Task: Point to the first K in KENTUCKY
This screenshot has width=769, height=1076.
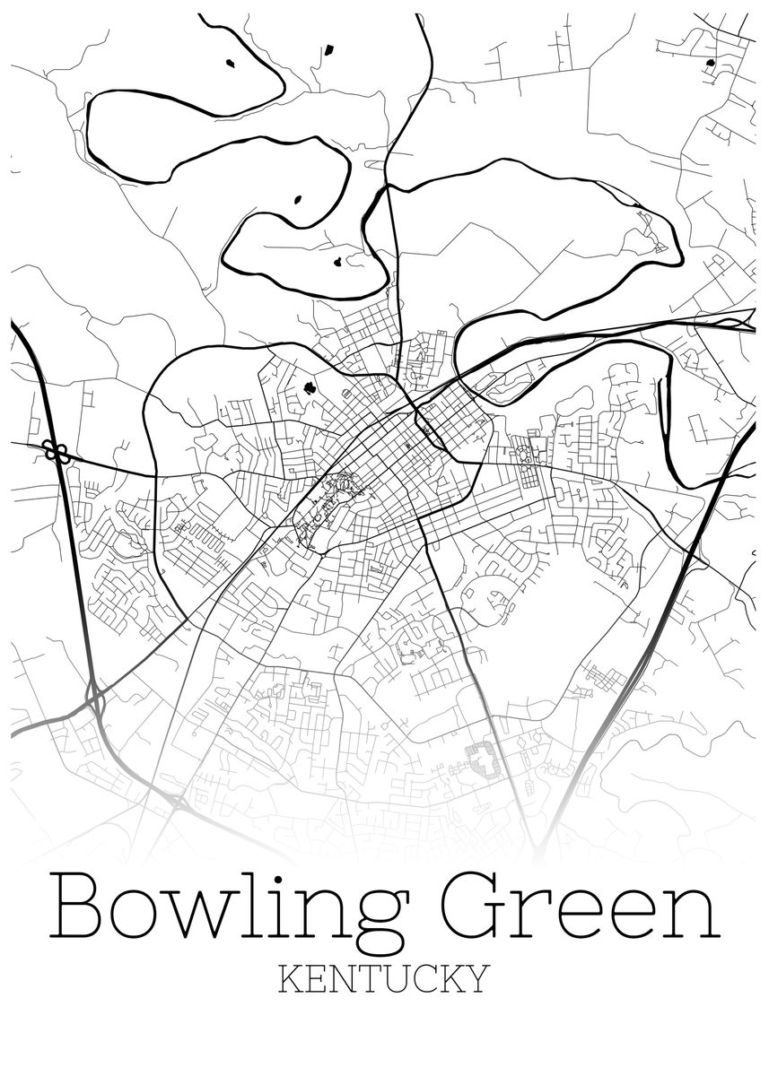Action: pos(291,977)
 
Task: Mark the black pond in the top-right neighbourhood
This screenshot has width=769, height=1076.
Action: pos(711,63)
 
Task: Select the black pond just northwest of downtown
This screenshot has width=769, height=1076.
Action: pos(310,388)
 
